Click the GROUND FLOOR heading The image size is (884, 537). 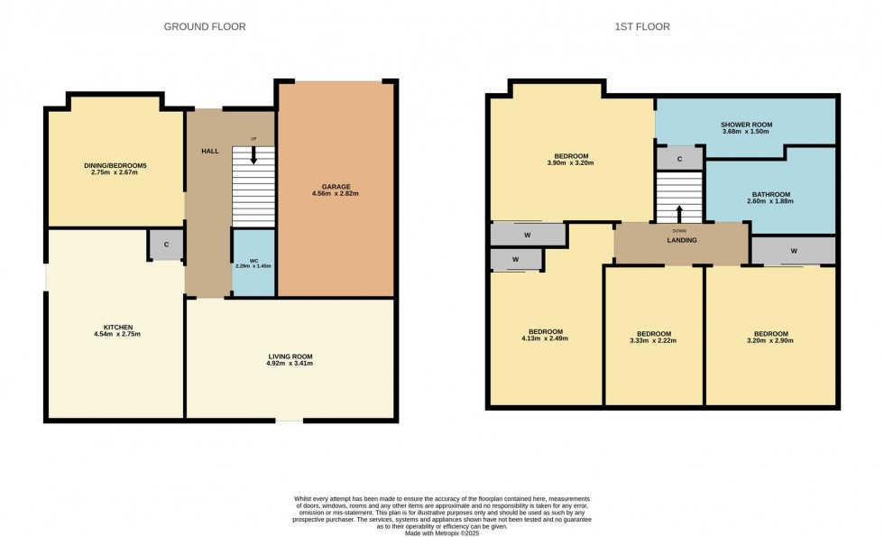pos(205,27)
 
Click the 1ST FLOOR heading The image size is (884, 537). pos(642,27)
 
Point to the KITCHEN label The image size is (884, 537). pos(117,327)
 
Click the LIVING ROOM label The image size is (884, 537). pos(290,356)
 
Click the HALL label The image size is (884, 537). pos(210,151)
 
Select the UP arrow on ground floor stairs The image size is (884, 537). pos(253,154)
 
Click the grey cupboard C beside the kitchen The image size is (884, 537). pos(167,245)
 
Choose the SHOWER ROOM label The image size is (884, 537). pos(746,125)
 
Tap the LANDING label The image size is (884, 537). pos(679,240)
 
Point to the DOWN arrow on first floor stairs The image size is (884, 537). pos(679,214)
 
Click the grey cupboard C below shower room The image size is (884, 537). pos(679,158)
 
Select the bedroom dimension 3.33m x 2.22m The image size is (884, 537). pos(653,341)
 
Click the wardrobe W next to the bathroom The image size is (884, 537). pos(793,250)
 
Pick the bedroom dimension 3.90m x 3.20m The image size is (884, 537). pos(570,163)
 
